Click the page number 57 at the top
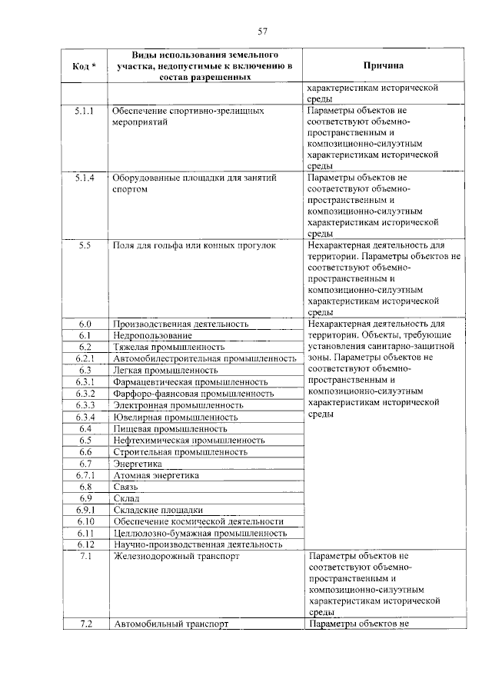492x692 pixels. pyautogui.click(x=262, y=32)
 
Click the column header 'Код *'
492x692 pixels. pyautogui.click(x=85, y=67)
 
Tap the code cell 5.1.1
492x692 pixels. pyautogui.click(x=85, y=111)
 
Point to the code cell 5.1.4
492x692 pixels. pyautogui.click(x=85, y=178)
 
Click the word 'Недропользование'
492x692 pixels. pyautogui.click(x=152, y=335)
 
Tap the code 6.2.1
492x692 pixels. pyautogui.click(x=85, y=358)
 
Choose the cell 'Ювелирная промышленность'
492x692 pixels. pyautogui.click(x=175, y=417)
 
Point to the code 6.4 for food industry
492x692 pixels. pyautogui.click(x=85, y=428)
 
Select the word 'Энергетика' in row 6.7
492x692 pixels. pyautogui.click(x=138, y=464)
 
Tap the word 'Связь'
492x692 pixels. pyautogui.click(x=126, y=487)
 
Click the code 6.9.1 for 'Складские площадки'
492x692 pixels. pyautogui.click(x=85, y=510)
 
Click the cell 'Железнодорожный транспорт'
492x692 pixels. pyautogui.click(x=176, y=555)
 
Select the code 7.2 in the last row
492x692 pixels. pyautogui.click(x=85, y=624)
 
